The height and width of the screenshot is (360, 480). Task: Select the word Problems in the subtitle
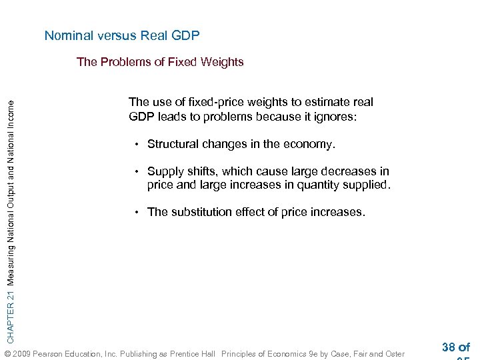point(122,62)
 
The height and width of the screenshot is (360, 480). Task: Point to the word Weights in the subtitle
point(223,62)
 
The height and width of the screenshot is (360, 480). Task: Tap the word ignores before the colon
point(333,117)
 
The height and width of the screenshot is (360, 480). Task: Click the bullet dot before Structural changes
point(135,144)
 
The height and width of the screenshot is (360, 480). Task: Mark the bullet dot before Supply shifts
point(135,171)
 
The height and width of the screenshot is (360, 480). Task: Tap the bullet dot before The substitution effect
point(135,212)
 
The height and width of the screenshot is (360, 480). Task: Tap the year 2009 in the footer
point(21,353)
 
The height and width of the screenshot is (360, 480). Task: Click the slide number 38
point(448,347)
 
